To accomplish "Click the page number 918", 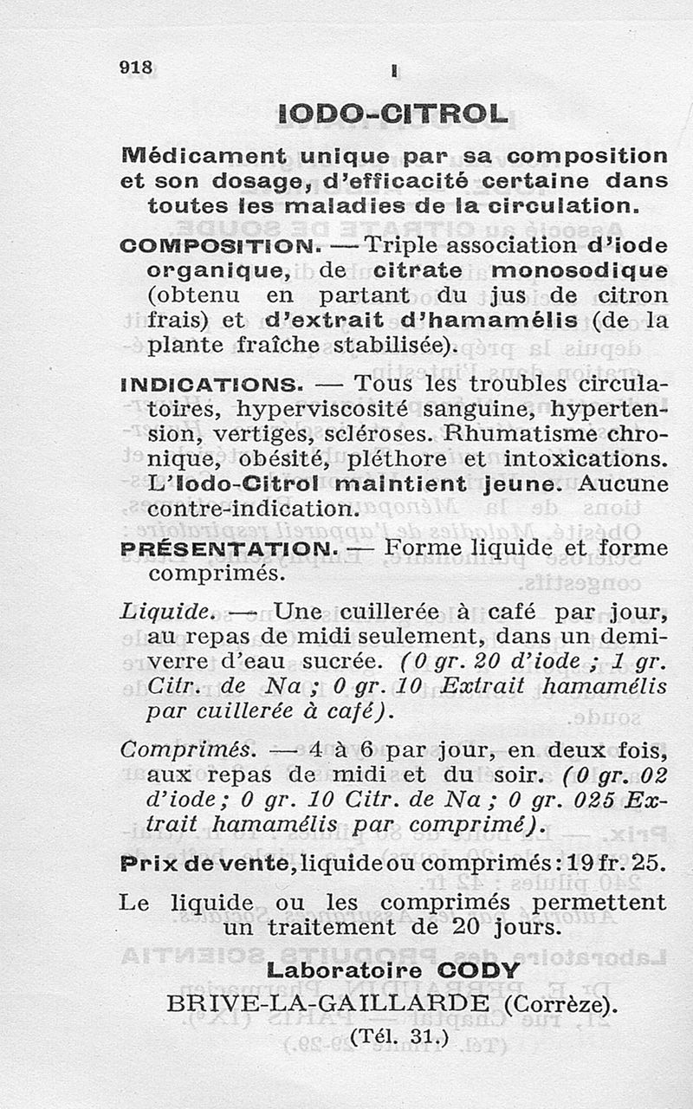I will coord(136,67).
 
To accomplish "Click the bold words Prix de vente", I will coord(210,863).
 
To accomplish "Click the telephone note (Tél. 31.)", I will coord(398,1035).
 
